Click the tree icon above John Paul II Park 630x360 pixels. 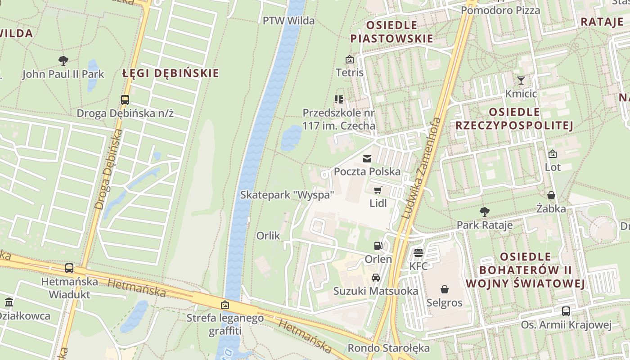click(63, 60)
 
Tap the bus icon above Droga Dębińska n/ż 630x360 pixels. click(125, 99)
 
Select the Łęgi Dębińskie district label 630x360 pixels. click(171, 73)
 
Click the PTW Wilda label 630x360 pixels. click(288, 21)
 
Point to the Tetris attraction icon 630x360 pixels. click(349, 59)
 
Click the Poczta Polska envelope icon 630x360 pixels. click(367, 158)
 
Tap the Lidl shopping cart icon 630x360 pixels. click(378, 190)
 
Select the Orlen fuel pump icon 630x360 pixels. click(378, 246)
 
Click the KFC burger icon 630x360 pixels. click(418, 252)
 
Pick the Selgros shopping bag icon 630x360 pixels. click(445, 289)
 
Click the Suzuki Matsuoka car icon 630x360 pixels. click(376, 278)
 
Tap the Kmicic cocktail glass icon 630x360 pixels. click(521, 81)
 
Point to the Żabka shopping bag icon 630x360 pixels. click(551, 195)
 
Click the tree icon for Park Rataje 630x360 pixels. click(485, 211)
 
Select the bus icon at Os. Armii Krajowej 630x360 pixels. click(566, 311)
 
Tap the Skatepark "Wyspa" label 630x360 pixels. click(287, 195)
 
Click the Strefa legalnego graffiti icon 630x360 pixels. click(225, 305)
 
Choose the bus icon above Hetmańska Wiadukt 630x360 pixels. click(69, 268)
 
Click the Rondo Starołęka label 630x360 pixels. click(388, 348)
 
